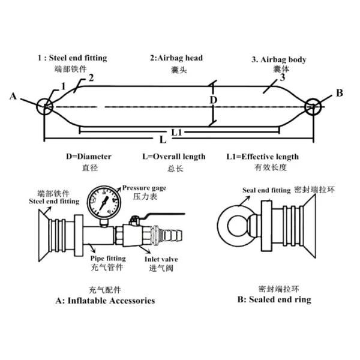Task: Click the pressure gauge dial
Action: pyautogui.click(x=104, y=203)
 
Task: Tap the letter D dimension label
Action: pyautogui.click(x=214, y=100)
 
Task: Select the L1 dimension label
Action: pyautogui.click(x=177, y=132)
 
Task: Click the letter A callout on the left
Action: pyautogui.click(x=13, y=96)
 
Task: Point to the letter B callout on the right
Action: pyautogui.click(x=340, y=93)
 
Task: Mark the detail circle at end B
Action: pyautogui.click(x=305, y=107)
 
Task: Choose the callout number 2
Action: pyautogui.click(x=91, y=78)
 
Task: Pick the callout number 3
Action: pyautogui.click(x=283, y=77)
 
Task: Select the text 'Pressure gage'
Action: pyautogui.click(x=144, y=188)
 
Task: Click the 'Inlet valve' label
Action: pyautogui.click(x=161, y=259)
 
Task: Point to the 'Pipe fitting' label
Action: pyautogui.click(x=108, y=259)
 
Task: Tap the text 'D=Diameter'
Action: pyautogui.click(x=89, y=157)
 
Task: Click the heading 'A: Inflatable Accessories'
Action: pyautogui.click(x=105, y=301)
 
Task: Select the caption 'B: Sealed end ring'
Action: pyautogui.click(x=274, y=299)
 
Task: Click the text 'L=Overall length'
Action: pyautogui.click(x=174, y=157)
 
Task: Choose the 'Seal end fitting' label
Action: pyautogui.click(x=266, y=190)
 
